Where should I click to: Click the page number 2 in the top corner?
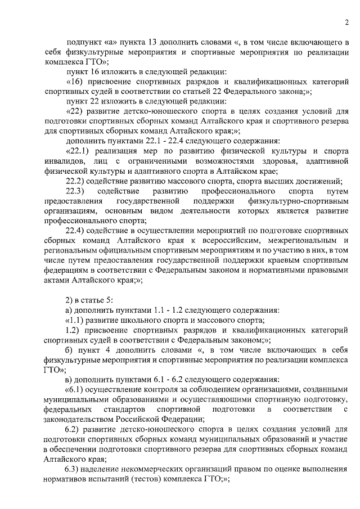(346, 22)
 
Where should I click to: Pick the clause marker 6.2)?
(73, 429)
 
